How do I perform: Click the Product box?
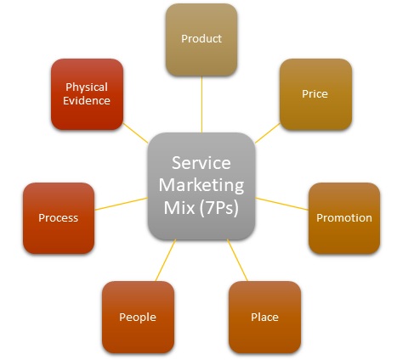click(x=201, y=40)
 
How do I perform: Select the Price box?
click(x=315, y=94)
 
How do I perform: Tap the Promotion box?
click(x=344, y=218)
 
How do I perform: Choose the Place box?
click(x=264, y=317)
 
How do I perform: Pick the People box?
click(x=138, y=317)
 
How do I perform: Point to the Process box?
click(x=59, y=218)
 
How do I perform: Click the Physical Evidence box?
click(x=87, y=94)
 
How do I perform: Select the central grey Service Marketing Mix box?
click(x=201, y=186)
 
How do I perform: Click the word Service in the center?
click(x=201, y=163)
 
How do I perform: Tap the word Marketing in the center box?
click(x=201, y=185)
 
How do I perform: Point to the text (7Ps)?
click(x=218, y=208)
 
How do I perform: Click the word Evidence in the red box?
click(x=87, y=101)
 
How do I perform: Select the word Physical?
click(x=87, y=87)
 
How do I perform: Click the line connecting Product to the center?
click(x=201, y=104)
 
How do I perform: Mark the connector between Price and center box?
click(x=267, y=133)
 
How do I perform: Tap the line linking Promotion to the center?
click(x=282, y=204)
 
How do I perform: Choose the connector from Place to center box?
click(x=237, y=260)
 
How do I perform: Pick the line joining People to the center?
click(x=166, y=260)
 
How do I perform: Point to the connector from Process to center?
click(x=121, y=204)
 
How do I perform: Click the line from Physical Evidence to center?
click(x=135, y=133)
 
